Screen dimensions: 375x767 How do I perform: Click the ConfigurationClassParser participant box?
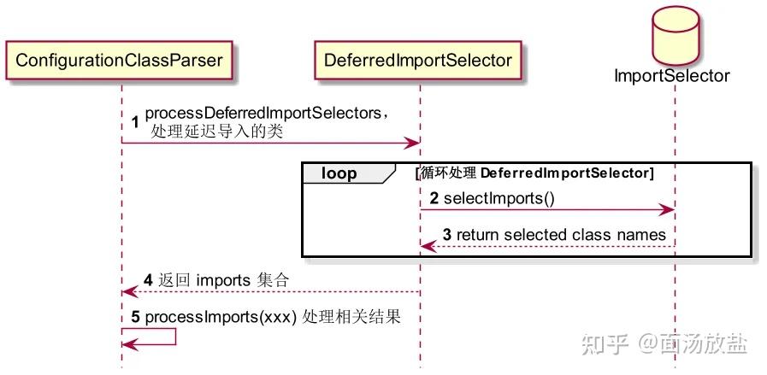(121, 60)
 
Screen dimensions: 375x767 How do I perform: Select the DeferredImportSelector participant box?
(418, 60)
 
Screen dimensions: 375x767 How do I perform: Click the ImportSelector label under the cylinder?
(672, 75)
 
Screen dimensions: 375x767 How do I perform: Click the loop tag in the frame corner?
(339, 173)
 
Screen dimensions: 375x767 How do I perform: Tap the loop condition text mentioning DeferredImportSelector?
(534, 173)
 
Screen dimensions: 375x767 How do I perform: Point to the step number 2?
(434, 198)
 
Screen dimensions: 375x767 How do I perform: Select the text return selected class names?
(561, 234)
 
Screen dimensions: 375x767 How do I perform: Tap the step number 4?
(148, 279)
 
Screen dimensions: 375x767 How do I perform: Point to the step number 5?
(136, 316)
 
